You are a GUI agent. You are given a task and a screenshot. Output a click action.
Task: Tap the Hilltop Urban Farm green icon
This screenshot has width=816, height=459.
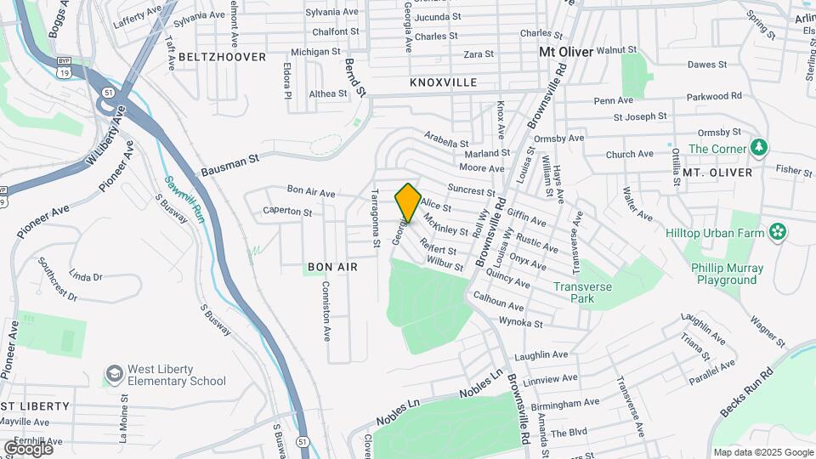click(777, 231)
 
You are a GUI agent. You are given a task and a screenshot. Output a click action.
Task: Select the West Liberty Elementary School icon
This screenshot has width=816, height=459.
click(114, 375)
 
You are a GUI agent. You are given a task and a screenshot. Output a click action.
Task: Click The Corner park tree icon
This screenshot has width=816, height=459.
click(759, 149)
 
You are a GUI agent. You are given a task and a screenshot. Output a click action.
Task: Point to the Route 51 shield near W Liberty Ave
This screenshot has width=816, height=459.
click(108, 92)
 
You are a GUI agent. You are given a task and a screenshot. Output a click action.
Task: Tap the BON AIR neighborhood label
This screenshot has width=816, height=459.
click(332, 267)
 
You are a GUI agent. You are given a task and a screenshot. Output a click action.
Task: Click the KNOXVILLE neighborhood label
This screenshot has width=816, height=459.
click(443, 82)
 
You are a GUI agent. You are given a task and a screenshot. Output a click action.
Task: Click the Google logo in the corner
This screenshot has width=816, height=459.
click(28, 448)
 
